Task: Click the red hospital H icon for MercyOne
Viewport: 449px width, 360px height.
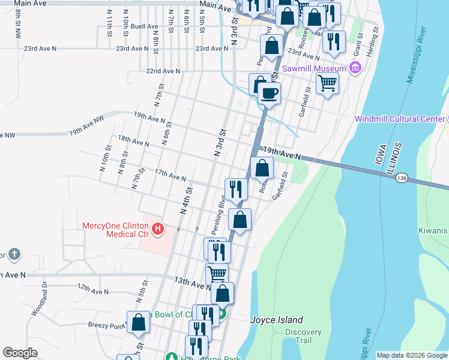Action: [x=158, y=228]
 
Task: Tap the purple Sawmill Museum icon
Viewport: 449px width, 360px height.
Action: [x=355, y=68]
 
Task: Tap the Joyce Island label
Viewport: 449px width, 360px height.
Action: [x=277, y=320]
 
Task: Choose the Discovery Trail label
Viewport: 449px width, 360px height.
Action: [x=303, y=336]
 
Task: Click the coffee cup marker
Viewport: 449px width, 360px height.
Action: [x=270, y=94]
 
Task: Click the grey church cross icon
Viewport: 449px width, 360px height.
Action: [x=14, y=255]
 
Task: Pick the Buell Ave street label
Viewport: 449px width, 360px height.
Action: [x=144, y=26]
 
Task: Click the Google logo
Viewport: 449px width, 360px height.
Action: [x=20, y=353]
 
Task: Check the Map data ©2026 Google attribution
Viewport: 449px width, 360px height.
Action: [x=412, y=355]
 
